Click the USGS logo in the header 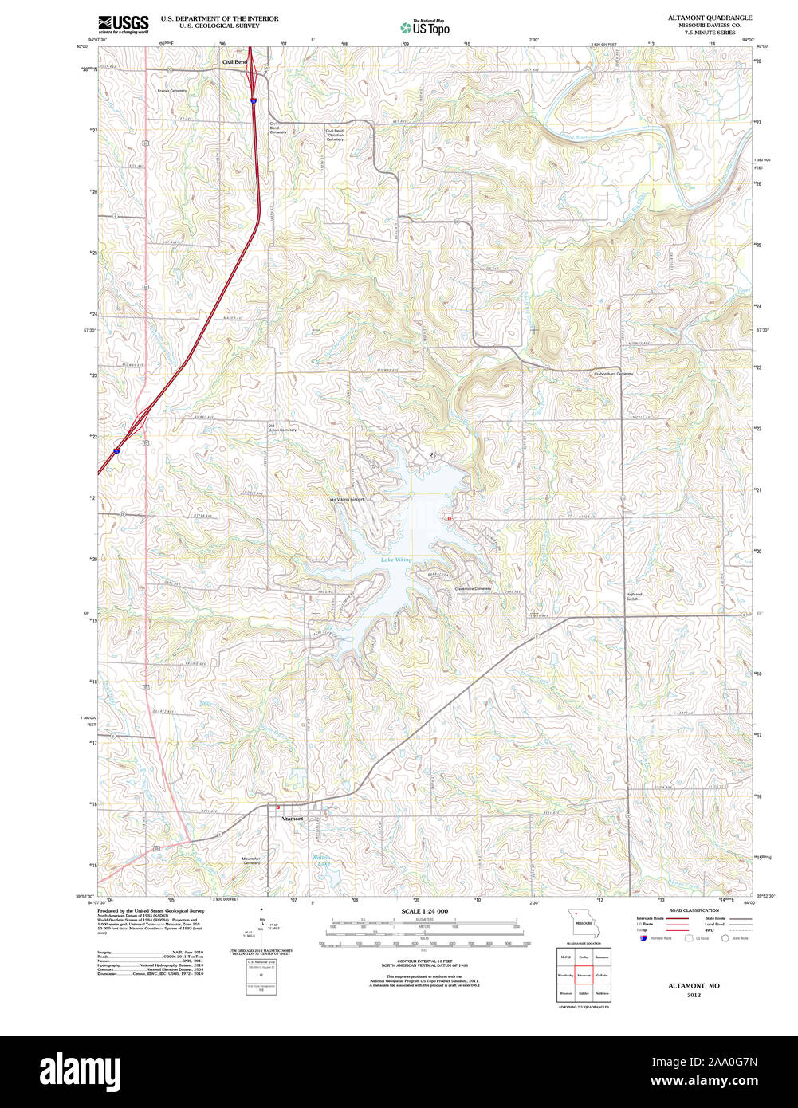click(124, 24)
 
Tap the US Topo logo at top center click(424, 27)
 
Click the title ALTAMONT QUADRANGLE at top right click(710, 18)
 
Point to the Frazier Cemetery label click(171, 91)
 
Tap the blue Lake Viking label click(396, 560)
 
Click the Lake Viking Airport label click(345, 500)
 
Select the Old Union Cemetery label click(281, 428)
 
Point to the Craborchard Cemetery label click(613, 374)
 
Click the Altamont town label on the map click(292, 819)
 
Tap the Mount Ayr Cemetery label click(251, 860)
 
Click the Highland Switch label click(634, 596)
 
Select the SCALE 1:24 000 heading click(424, 911)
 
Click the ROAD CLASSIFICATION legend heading click(694, 910)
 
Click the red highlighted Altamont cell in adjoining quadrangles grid click(584, 975)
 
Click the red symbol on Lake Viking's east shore click(450, 518)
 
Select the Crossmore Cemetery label click(473, 589)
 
